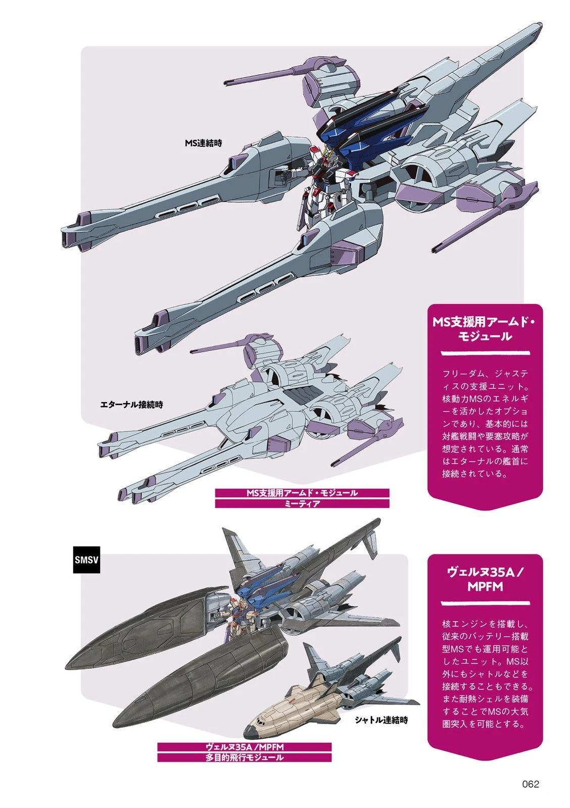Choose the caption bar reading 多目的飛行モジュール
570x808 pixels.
click(244, 757)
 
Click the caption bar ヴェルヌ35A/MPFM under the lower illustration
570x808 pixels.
click(244, 747)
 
